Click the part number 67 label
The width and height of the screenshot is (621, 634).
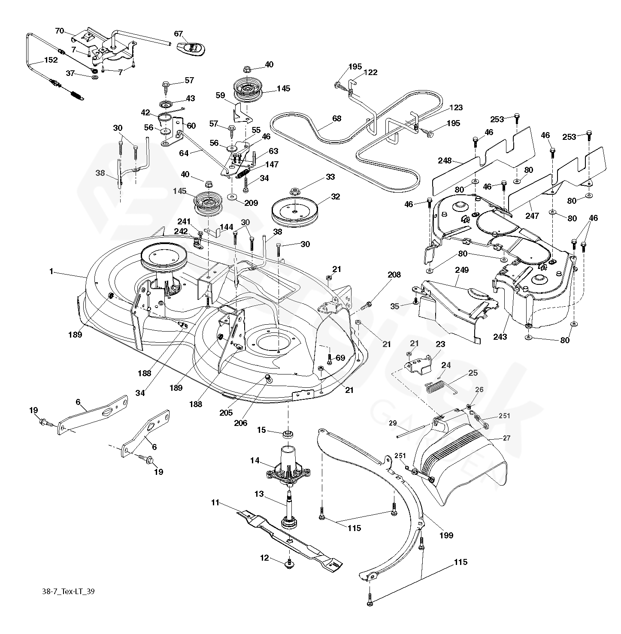(x=179, y=34)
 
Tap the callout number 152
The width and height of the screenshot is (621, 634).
(x=51, y=60)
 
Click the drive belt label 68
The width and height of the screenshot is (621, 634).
(x=337, y=118)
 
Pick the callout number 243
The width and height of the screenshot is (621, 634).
(x=500, y=337)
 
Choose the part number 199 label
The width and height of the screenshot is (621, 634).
(x=446, y=535)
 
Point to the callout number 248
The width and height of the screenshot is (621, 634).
(x=445, y=160)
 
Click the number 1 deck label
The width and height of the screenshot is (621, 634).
(x=51, y=271)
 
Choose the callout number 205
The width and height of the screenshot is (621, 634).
(x=226, y=413)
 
